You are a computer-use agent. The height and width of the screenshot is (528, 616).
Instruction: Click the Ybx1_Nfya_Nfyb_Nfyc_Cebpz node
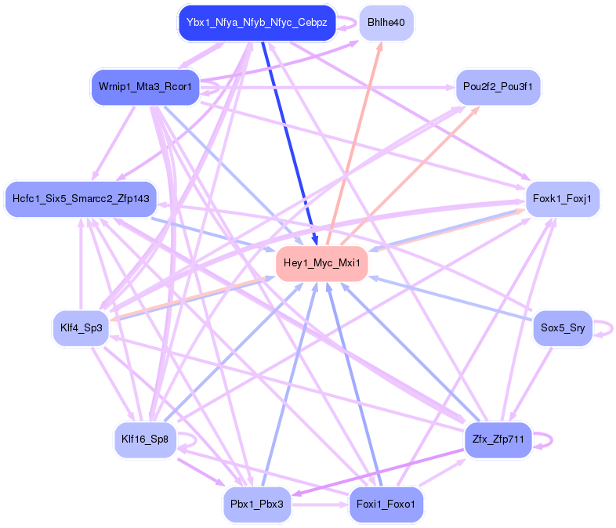256,23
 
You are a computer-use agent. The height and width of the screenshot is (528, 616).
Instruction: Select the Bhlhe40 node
386,23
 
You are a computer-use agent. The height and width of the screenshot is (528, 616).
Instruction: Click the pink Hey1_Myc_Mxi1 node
321,263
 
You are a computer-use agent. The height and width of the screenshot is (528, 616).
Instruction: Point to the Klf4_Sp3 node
81,327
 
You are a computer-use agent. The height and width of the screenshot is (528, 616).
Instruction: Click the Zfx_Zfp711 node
498,439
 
